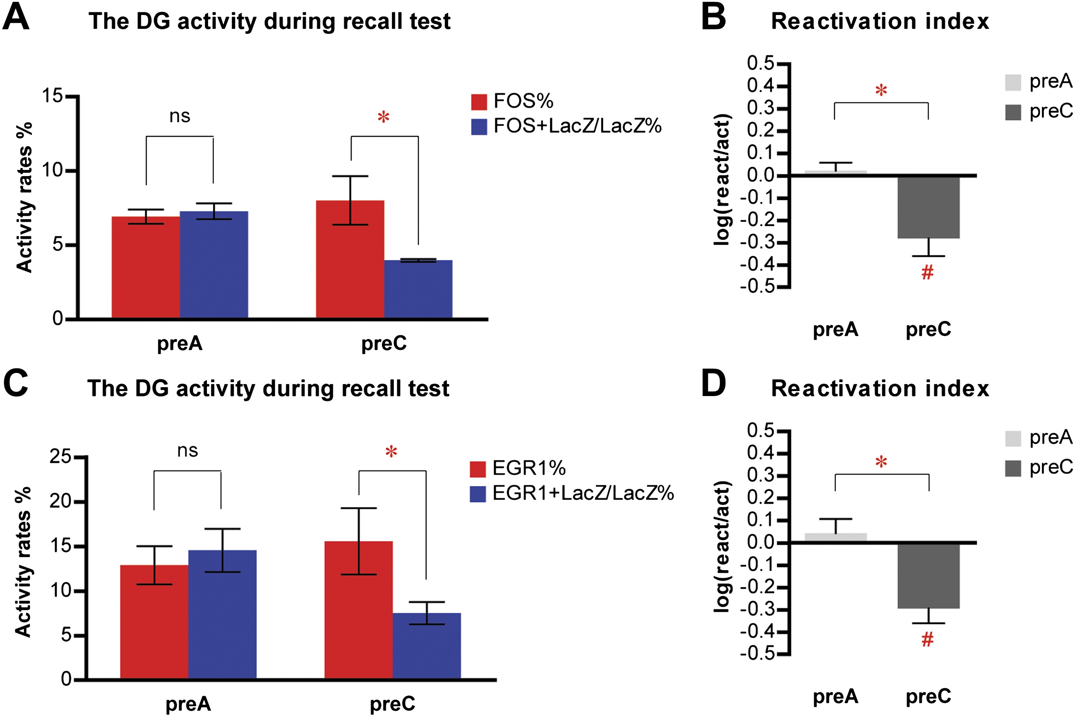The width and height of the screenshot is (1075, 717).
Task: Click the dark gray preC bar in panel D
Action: [x=928, y=576]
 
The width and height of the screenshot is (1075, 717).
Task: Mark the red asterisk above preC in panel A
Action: [x=383, y=118]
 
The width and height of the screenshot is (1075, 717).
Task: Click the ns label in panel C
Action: [x=188, y=451]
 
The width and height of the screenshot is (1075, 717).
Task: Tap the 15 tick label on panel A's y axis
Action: [x=52, y=96]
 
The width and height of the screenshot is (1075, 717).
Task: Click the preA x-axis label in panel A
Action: [x=180, y=343]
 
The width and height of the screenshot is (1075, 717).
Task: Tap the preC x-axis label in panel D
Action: [x=928, y=697]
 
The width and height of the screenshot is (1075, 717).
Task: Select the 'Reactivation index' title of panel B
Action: [x=880, y=22]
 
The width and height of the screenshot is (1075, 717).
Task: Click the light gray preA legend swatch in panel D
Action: [x=1013, y=438]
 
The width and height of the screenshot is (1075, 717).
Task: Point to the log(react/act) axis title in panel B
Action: [x=722, y=180]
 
